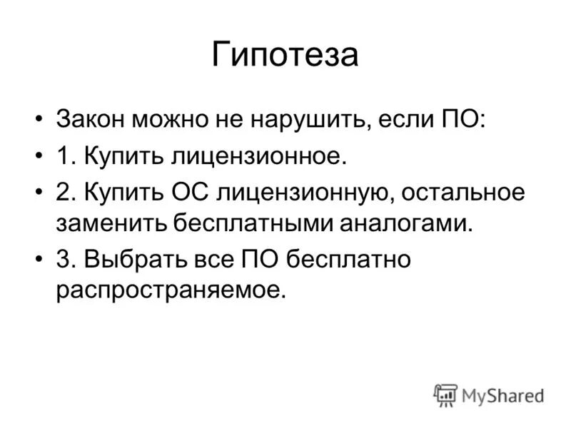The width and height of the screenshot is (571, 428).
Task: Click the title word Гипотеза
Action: click(285, 56)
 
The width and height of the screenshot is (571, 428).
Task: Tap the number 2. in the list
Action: click(66, 192)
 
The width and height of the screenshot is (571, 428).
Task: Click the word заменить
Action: click(111, 223)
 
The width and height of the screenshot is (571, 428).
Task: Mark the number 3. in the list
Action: click(66, 260)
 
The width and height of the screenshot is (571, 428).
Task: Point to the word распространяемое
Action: click(171, 292)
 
